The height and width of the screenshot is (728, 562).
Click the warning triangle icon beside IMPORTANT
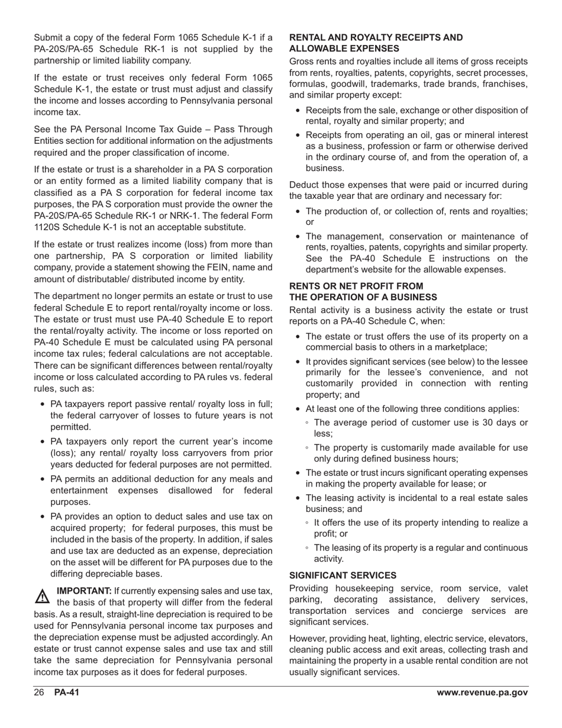pyautogui.click(x=43, y=596)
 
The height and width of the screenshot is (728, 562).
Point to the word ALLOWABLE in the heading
pyautogui.click(x=315, y=49)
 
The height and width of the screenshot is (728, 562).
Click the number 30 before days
pyautogui.click(x=478, y=423)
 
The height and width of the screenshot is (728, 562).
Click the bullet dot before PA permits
pyautogui.click(x=42, y=479)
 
